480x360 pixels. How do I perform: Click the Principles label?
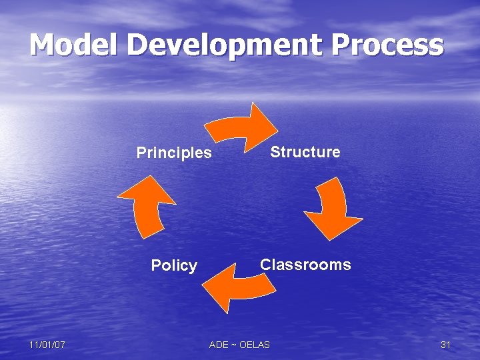tap(174, 153)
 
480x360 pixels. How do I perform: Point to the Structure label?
tap(305, 152)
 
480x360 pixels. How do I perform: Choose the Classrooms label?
tap(305, 265)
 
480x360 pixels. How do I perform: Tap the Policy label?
tap(174, 265)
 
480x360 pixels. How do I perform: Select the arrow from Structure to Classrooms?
tap(333, 207)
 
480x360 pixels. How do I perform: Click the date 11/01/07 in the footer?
tap(47, 345)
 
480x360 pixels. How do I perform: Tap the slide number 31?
tap(446, 345)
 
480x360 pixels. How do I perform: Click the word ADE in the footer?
tap(219, 345)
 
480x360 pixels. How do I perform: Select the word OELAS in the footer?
tap(255, 345)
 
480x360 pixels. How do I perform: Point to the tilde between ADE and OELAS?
tap(233, 345)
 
